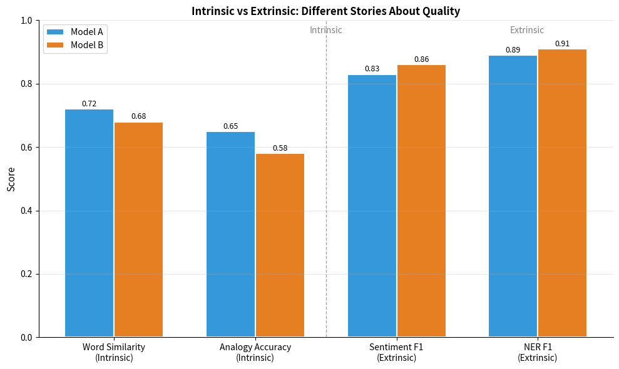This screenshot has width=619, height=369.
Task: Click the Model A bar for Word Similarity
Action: coord(89,223)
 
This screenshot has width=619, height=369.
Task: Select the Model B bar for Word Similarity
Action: coord(138,230)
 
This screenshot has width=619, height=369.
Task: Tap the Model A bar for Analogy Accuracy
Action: coord(230,235)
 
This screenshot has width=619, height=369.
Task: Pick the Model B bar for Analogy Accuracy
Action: coord(280,245)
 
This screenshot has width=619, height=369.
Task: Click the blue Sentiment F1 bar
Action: coord(372,206)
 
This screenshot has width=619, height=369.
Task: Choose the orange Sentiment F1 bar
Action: coord(421,201)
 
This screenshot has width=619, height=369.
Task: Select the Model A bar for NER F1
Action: coord(513,196)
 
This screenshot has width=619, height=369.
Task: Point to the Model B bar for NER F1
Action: coord(562,193)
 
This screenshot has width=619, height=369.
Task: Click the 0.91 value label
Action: coord(562,44)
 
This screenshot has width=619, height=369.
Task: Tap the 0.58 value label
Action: coord(280,148)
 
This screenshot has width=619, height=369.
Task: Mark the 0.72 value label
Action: coord(89,104)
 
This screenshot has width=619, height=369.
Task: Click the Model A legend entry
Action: coord(75,32)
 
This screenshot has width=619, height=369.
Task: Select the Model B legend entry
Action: coord(75,45)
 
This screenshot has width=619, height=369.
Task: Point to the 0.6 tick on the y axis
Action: coord(26,148)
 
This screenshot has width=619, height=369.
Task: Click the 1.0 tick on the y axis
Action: coord(26,21)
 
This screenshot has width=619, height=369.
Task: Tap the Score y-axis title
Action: coord(11,179)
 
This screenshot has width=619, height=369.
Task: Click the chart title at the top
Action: coord(325,11)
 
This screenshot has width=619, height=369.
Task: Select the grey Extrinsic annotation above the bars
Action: coord(527,30)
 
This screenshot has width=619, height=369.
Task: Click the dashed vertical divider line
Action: coord(326,188)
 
